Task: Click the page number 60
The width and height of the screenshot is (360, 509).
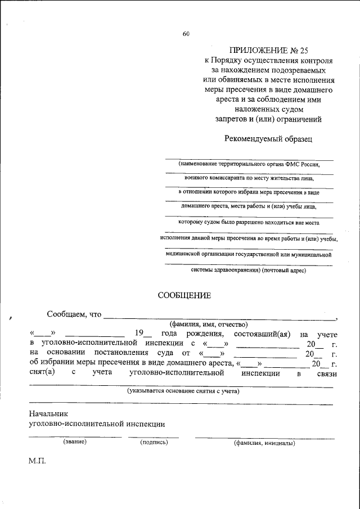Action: [x=186, y=34]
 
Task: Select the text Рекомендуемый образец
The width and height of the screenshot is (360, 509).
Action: [x=268, y=138]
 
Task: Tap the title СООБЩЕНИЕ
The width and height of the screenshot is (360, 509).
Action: [x=184, y=295]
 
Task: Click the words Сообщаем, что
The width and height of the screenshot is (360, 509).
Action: [x=74, y=314]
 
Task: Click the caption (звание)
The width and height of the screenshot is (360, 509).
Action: [x=75, y=442]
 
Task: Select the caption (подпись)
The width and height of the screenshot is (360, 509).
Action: [x=154, y=443]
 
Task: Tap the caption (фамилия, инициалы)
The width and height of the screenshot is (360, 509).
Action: [x=264, y=443]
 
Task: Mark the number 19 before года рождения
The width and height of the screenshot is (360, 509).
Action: [x=148, y=335]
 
